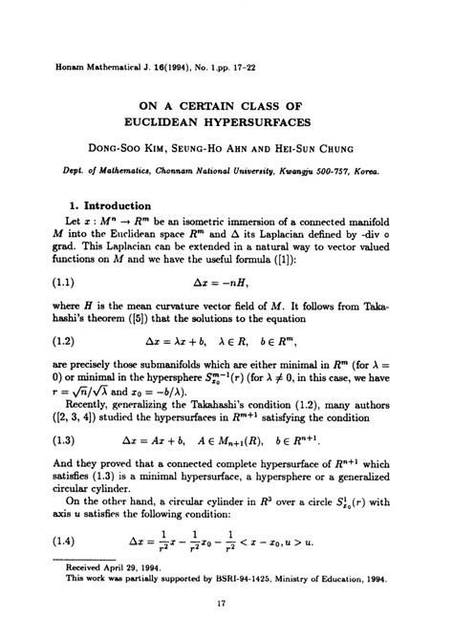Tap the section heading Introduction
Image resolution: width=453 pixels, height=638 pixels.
click(x=117, y=204)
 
